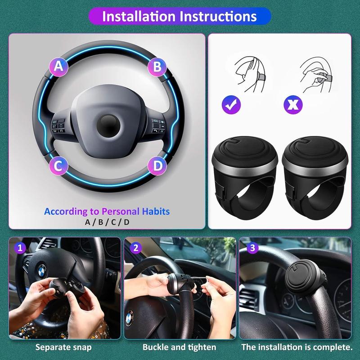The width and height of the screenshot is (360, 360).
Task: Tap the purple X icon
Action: coord(293,105)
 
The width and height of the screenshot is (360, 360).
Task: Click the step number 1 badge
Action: coord(19,248)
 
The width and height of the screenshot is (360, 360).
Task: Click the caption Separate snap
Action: coord(63,347)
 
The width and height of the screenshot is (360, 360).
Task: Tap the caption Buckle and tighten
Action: coord(179,347)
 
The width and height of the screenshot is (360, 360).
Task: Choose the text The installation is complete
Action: coord(297,347)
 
